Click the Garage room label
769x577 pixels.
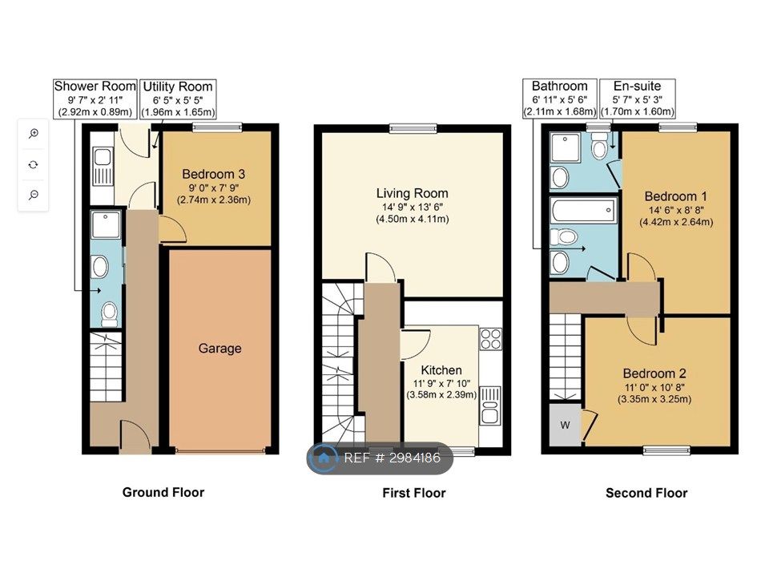(219, 349)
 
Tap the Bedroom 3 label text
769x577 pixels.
(213, 174)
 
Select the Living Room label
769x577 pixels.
(412, 193)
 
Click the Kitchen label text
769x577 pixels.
(441, 370)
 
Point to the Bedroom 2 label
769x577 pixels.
(654, 373)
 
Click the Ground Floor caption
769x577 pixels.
(163, 493)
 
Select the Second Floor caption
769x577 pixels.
(646, 493)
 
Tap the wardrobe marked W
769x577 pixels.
(565, 425)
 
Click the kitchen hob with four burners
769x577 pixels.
(491, 339)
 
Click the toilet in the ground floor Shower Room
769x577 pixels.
(110, 314)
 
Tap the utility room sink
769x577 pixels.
(103, 167)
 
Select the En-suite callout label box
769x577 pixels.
(637, 99)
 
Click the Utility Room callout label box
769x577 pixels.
(178, 99)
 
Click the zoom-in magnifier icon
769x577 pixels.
(34, 134)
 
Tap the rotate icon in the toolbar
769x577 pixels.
(34, 164)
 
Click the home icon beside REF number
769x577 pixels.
(324, 458)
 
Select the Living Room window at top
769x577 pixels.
(413, 128)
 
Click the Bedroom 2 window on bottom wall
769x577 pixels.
(666, 450)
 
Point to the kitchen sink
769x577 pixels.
(490, 406)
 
